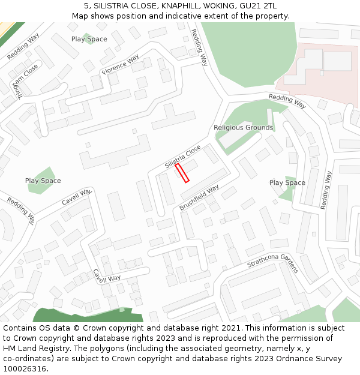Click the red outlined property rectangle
click(182, 173)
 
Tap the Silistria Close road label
click(182, 157)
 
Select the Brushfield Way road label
click(199, 197)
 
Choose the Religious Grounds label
click(243, 128)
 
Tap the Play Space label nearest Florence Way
click(89, 39)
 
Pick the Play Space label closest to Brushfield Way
click(287, 183)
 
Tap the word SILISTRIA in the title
click(115, 6)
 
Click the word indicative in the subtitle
click(191, 16)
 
